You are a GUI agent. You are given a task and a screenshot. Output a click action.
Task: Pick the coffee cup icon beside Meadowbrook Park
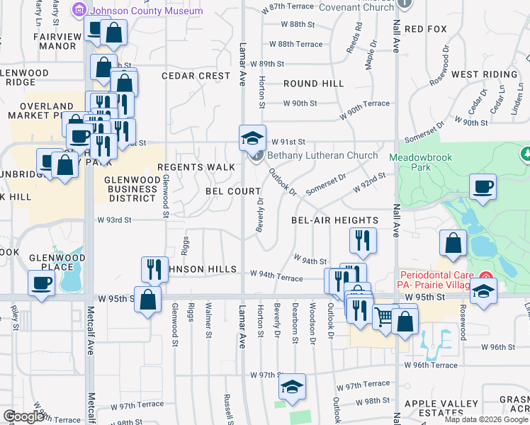tap(483, 187)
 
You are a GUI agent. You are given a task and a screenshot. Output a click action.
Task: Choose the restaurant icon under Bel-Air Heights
tap(362, 241)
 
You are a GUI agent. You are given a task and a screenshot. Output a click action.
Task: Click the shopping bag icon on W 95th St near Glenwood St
tap(147, 299)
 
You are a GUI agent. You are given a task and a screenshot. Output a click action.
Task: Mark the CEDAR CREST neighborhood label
tap(196, 76)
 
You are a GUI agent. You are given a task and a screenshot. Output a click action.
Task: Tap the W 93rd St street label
tap(114, 220)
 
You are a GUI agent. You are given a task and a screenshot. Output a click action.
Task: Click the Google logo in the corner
tap(23, 416)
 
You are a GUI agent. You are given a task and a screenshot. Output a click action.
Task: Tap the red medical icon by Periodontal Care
tap(485, 274)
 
